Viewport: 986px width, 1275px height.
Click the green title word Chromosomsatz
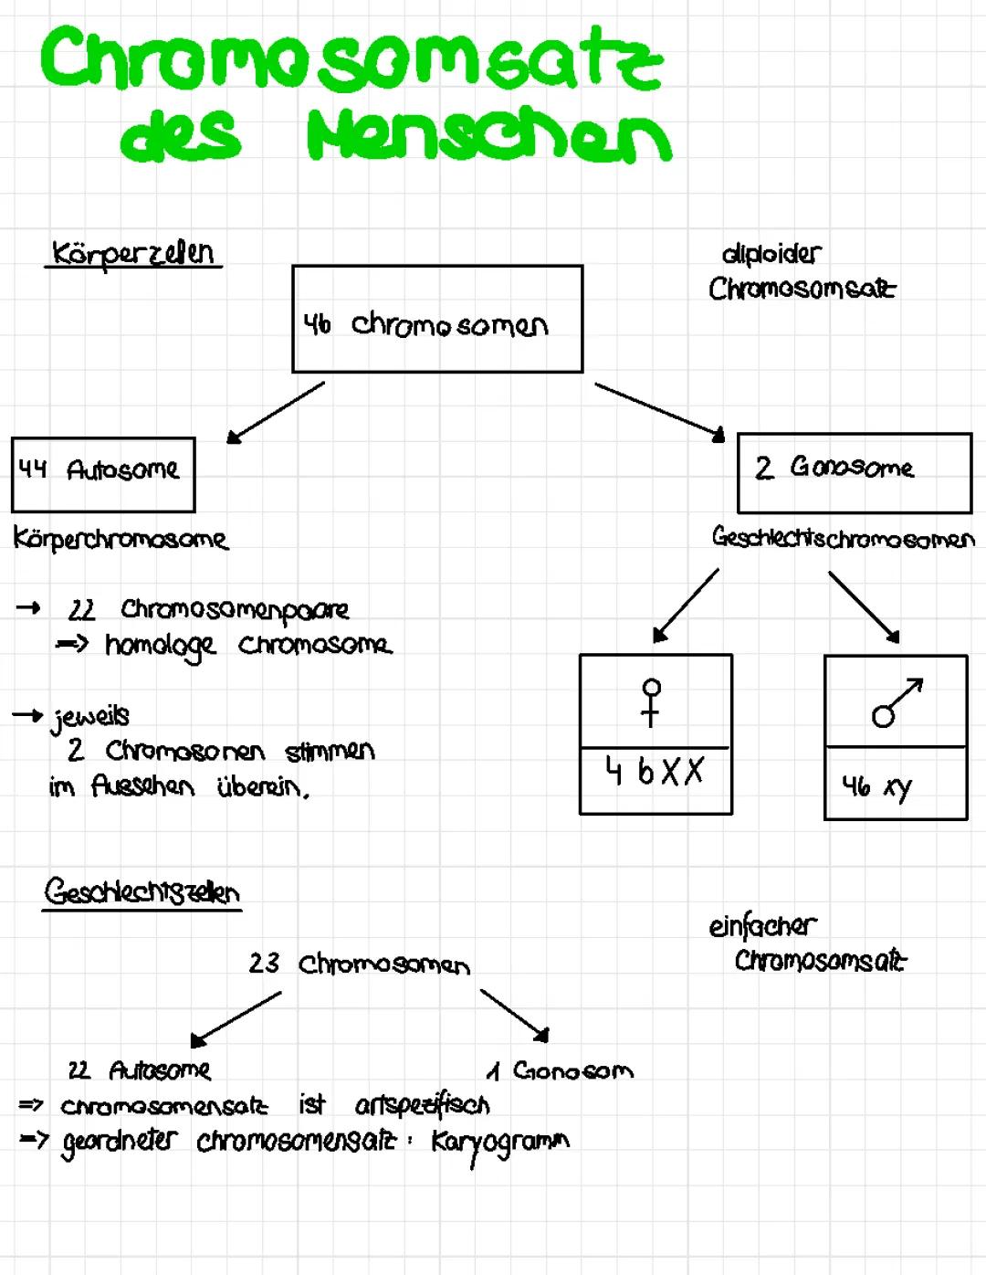tap(351, 58)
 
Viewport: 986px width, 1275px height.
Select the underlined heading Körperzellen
tap(133, 255)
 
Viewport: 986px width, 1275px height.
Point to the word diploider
tap(771, 254)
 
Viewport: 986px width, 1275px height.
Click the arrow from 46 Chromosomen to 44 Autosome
tap(275, 413)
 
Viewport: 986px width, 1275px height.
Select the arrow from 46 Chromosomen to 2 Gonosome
tap(660, 412)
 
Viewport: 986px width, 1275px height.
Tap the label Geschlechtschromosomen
tap(844, 538)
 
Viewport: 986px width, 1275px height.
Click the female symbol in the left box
tap(651, 703)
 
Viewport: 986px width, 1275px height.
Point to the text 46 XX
tap(655, 772)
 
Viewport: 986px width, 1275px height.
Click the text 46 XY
tap(877, 787)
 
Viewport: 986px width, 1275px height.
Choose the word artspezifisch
tap(423, 1105)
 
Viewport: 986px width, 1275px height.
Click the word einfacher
tap(762, 926)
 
